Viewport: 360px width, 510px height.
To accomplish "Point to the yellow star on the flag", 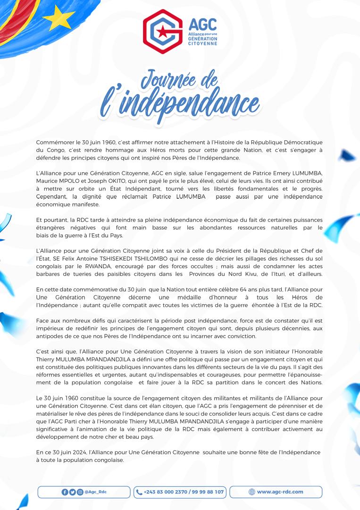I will click(x=59, y=18).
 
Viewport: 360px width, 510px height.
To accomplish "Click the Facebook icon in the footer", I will click(x=65, y=492).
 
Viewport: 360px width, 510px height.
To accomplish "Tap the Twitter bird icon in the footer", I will click(x=72, y=492).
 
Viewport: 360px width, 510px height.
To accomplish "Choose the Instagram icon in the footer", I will click(x=80, y=492).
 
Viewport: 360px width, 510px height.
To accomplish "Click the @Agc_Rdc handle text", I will click(x=96, y=492).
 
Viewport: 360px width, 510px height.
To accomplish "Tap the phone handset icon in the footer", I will click(x=139, y=492).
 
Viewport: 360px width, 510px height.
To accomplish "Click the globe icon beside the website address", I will click(x=251, y=492).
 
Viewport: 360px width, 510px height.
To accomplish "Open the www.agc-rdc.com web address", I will click(x=280, y=492).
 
